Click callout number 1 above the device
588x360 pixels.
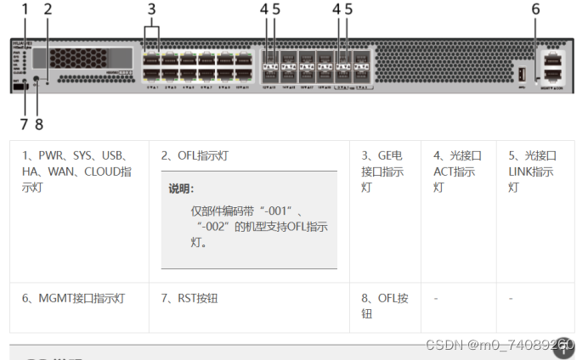pos(25,9)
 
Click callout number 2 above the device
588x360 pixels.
pos(48,9)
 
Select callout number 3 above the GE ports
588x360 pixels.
pos(152,9)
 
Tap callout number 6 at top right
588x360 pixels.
pos(535,9)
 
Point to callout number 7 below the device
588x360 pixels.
pos(25,123)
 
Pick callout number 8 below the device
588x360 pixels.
pos(38,123)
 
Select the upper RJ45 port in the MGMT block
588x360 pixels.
pos(553,59)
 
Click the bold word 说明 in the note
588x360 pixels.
pos(181,188)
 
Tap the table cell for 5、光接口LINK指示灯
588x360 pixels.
pos(532,171)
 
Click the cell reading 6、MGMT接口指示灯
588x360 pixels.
pos(73,298)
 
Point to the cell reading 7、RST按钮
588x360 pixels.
pos(190,298)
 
